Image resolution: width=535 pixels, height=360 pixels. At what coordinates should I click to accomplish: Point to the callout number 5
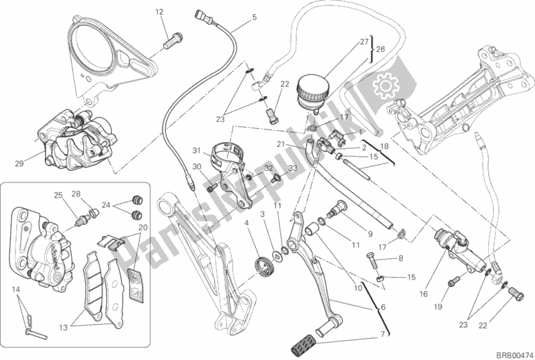coord(254,17)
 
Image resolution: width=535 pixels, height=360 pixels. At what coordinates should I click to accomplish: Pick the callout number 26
coord(380,49)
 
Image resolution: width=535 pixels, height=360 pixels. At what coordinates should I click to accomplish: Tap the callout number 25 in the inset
coord(58,195)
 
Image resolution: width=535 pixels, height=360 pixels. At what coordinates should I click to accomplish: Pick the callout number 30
coord(196,167)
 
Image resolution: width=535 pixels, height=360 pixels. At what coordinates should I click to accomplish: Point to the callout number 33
coord(293,168)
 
